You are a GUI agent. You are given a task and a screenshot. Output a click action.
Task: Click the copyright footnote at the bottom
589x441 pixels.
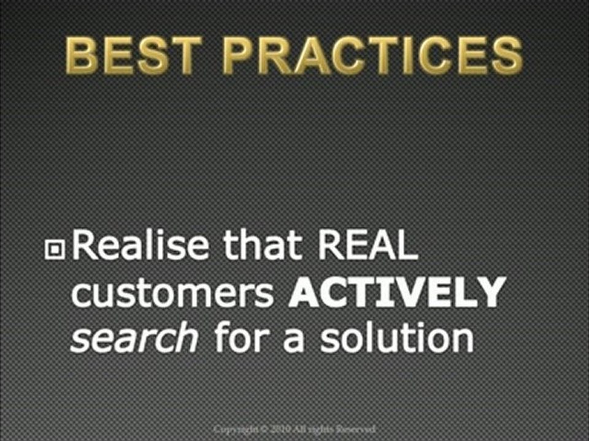(x=294, y=429)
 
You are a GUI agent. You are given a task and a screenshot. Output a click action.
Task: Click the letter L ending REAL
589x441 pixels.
(x=407, y=246)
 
